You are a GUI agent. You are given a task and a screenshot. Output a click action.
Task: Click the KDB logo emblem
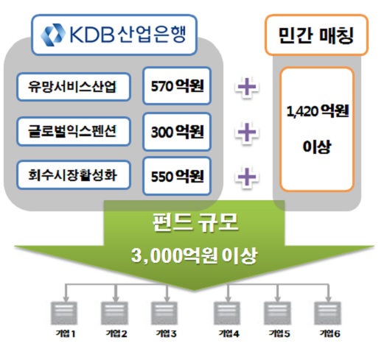53,35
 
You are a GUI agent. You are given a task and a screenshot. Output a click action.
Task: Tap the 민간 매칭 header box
316,35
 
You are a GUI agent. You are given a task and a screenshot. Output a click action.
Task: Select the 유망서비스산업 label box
74,87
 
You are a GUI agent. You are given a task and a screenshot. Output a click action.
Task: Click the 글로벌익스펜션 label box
74,132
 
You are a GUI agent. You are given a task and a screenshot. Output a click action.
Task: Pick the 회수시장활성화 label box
74,175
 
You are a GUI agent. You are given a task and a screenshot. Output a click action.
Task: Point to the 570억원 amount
177,86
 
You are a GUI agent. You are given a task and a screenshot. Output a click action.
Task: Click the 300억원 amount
177,132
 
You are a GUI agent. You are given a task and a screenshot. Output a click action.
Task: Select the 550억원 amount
177,176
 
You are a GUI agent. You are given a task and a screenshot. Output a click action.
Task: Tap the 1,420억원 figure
318,111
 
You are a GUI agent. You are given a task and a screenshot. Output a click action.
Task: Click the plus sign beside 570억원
247,87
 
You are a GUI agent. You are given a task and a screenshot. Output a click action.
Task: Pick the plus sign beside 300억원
247,133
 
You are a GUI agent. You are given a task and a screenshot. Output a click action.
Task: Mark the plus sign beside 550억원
247,177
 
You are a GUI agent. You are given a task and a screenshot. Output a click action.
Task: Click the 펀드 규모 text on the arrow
195,222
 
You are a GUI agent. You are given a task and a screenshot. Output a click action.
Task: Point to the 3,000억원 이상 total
194,255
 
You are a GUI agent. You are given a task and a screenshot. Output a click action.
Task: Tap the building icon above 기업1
64,313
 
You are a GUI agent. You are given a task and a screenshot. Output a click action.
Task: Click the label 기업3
166,333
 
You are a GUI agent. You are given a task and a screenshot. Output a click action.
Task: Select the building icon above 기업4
227,313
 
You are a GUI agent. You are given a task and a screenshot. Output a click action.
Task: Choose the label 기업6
330,333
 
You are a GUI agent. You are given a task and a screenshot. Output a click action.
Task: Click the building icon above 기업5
277,313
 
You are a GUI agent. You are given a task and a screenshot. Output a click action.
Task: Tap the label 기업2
116,333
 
